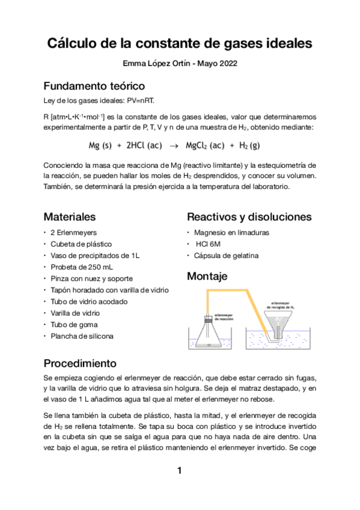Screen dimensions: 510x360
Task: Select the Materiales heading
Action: [70, 217]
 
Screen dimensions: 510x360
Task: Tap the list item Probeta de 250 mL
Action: [82, 267]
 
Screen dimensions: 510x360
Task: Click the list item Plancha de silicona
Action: [82, 336]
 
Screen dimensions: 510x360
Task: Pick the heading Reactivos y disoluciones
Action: [249, 217]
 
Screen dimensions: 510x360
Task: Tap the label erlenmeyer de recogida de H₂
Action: [282, 305]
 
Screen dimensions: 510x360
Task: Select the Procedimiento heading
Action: [80, 364]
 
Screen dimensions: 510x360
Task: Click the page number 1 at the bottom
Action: [179, 470]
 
